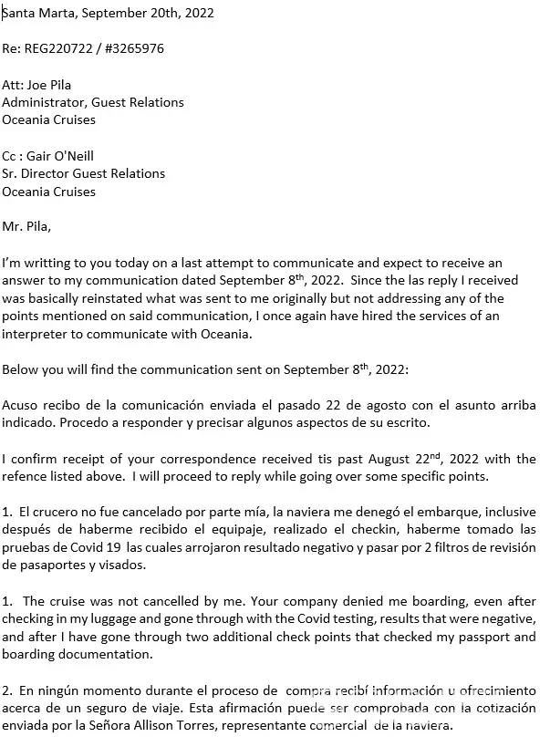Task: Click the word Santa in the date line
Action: pyautogui.click(x=17, y=13)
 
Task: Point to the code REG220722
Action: pyautogui.click(x=57, y=47)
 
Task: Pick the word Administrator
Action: pyautogui.click(x=40, y=102)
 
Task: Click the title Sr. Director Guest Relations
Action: pyautogui.click(x=83, y=173)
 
